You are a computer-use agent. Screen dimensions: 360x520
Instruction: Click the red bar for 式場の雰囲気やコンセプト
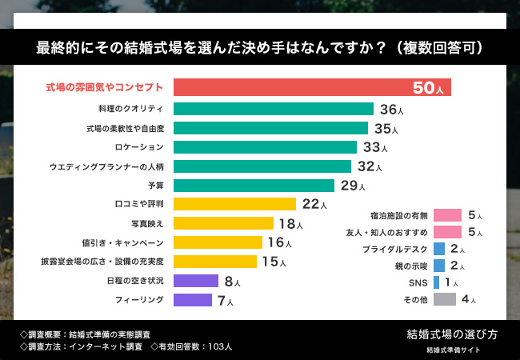pyautogui.click(x=312, y=87)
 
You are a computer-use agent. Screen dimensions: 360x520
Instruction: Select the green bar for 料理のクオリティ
pyautogui.click(x=274, y=109)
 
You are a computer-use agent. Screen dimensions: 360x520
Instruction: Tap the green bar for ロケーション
pyautogui.click(x=265, y=147)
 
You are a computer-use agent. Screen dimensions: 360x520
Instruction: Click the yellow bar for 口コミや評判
pyautogui.click(x=234, y=205)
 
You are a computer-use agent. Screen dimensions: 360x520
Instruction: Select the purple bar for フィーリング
pyautogui.click(x=193, y=301)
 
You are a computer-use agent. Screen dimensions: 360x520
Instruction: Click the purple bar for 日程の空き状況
pyautogui.click(x=196, y=281)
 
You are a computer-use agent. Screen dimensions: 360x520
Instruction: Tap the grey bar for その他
pyautogui.click(x=444, y=300)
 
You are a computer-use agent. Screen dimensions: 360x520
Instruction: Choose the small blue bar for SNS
pyautogui.click(x=436, y=282)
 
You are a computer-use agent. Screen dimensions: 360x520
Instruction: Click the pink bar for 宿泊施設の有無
pyautogui.click(x=447, y=215)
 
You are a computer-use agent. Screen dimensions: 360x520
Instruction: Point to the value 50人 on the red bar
pyautogui.click(x=428, y=88)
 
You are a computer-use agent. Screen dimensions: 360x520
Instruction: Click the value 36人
pyautogui.click(x=390, y=110)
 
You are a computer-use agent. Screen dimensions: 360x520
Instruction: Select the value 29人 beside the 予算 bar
pyautogui.click(x=353, y=186)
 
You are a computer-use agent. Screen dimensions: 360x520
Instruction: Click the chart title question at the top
pyautogui.click(x=260, y=47)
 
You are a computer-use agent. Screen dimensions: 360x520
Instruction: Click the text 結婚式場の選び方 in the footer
pyautogui.click(x=452, y=335)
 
